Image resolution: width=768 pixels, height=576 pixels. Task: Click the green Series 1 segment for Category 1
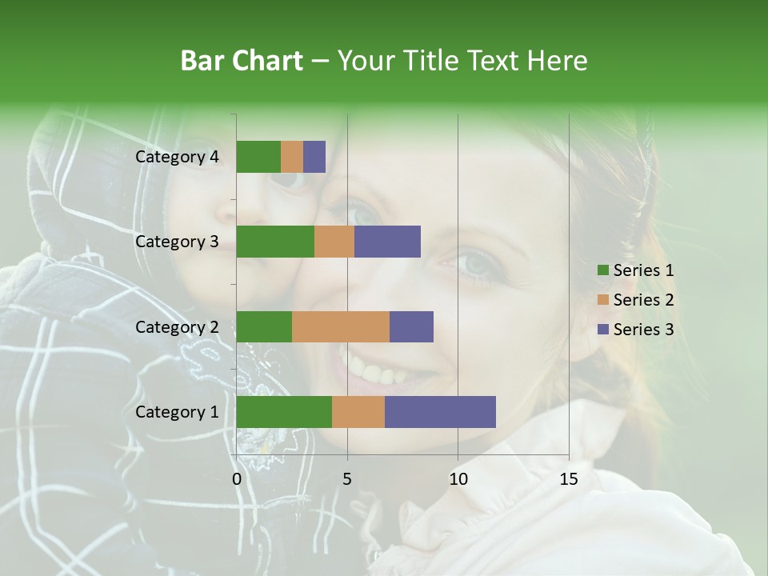[x=284, y=412]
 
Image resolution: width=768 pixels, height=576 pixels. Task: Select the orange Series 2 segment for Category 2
[x=341, y=326]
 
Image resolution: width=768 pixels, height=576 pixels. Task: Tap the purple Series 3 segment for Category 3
[x=387, y=242]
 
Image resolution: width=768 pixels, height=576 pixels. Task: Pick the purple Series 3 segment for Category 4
[x=314, y=157]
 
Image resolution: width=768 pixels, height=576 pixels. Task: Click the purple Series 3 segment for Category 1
[x=440, y=412]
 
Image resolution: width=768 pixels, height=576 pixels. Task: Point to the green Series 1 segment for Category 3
[x=275, y=242]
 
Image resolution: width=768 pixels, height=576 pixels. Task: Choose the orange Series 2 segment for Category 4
[x=292, y=157]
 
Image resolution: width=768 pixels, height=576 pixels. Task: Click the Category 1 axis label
[x=177, y=412]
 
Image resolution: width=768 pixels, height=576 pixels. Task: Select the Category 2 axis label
[x=177, y=326]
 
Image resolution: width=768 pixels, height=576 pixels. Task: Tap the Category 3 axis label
[x=177, y=242]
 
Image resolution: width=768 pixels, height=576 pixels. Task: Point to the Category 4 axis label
[x=177, y=157]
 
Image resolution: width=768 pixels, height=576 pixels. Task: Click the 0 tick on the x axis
[x=237, y=479]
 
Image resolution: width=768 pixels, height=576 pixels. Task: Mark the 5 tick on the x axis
[x=347, y=479]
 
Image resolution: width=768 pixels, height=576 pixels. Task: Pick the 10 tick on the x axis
[x=458, y=479]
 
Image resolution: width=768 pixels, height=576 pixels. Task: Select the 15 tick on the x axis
[x=568, y=479]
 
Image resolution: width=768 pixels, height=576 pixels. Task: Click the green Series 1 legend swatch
[x=603, y=270]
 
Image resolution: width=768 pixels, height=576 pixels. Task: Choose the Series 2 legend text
[x=643, y=300]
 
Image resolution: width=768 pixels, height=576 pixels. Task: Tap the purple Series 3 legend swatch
[x=603, y=330]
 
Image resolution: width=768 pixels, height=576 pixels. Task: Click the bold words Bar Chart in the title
[x=242, y=61]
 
